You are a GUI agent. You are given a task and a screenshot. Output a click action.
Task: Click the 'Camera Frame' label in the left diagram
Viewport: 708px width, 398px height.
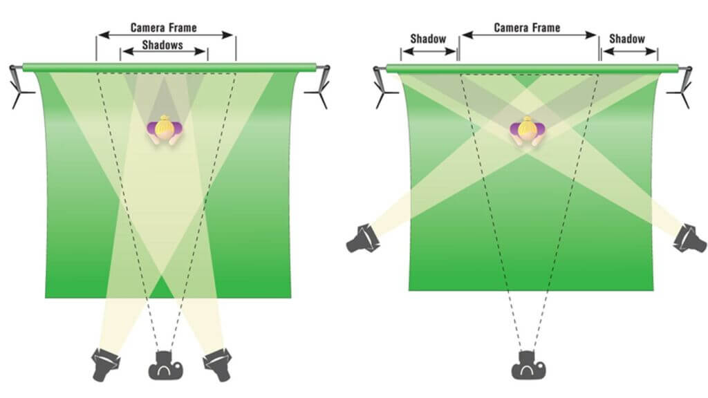pyautogui.click(x=164, y=28)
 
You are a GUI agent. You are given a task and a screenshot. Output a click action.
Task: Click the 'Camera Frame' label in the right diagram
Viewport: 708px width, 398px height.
pyautogui.click(x=527, y=28)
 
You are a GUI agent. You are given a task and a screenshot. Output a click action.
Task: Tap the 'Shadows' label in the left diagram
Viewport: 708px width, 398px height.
pyautogui.click(x=163, y=45)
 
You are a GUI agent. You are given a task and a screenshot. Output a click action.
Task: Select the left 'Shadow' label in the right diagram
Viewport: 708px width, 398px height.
pyautogui.click(x=428, y=39)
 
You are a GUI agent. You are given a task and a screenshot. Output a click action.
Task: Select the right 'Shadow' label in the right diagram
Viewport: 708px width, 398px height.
pyautogui.click(x=626, y=39)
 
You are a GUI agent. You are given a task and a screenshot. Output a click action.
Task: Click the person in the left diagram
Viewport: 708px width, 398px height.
pyautogui.click(x=165, y=130)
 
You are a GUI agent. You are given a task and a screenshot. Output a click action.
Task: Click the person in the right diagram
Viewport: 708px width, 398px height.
pyautogui.click(x=528, y=131)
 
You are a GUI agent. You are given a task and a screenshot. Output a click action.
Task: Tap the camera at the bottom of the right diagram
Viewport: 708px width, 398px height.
pyautogui.click(x=528, y=365)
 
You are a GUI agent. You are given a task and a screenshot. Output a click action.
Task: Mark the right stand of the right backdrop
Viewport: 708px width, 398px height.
pyautogui.click(x=685, y=86)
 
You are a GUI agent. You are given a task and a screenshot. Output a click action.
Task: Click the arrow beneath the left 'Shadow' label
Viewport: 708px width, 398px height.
pyautogui.click(x=428, y=50)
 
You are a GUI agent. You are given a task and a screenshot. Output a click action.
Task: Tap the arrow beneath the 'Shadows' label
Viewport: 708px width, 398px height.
pyautogui.click(x=164, y=52)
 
